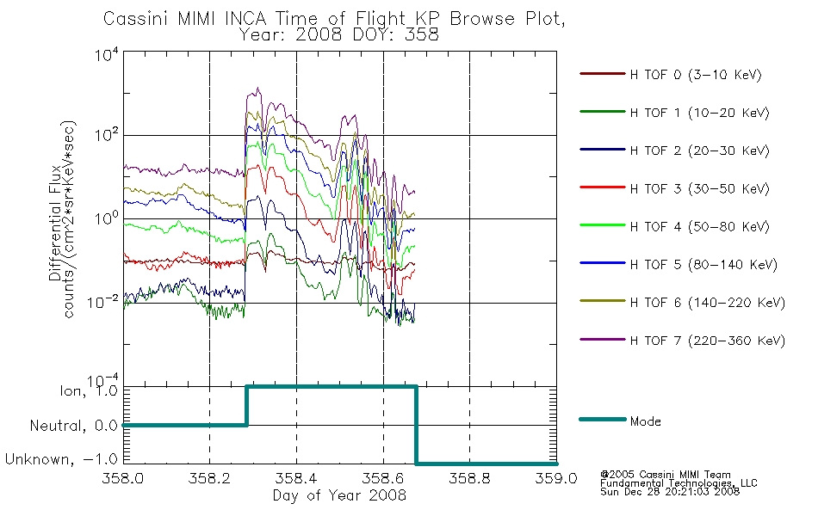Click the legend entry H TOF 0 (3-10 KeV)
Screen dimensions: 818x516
pyautogui.click(x=696, y=75)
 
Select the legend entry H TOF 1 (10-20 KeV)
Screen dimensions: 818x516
pyautogui.click(x=699, y=113)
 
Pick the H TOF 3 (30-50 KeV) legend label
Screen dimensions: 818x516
pyautogui.click(x=699, y=188)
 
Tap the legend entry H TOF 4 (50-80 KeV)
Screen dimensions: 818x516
pyautogui.click(x=699, y=227)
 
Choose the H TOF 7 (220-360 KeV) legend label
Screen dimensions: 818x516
pyautogui.click(x=708, y=341)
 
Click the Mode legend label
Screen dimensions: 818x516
pyautogui.click(x=645, y=421)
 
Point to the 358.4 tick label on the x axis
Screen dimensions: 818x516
pyautogui.click(x=296, y=478)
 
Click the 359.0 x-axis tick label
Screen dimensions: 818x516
pyautogui.click(x=556, y=478)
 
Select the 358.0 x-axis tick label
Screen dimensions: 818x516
pyautogui.click(x=122, y=478)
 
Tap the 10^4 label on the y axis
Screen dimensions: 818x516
pyautogui.click(x=107, y=54)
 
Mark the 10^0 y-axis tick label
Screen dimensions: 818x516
pyautogui.click(x=107, y=218)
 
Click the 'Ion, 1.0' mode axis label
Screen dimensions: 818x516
pyautogui.click(x=89, y=390)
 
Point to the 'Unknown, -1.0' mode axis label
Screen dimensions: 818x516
pyautogui.click(x=61, y=459)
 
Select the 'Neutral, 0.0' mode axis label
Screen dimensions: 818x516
pyautogui.click(x=74, y=426)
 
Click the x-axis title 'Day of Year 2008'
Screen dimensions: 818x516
pyautogui.click(x=339, y=495)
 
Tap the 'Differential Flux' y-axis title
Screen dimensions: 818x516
pyautogui.click(x=55, y=223)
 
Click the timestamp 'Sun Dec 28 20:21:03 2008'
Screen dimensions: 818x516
pyautogui.click(x=670, y=491)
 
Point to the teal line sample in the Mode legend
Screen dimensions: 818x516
pyautogui.click(x=603, y=419)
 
